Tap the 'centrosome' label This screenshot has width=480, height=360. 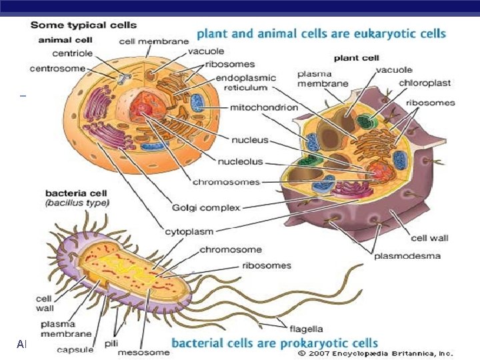point(57,68)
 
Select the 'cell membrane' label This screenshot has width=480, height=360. point(154,41)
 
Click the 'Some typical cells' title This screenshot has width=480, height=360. point(83,25)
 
